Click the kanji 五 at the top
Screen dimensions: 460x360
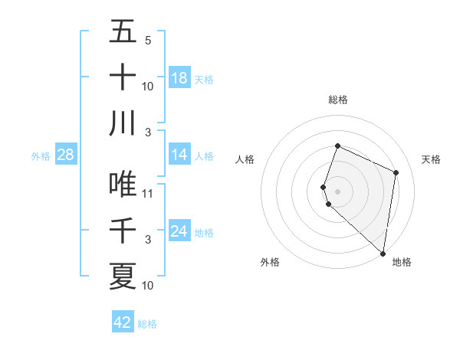[x=123, y=32]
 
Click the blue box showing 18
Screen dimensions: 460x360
[x=179, y=78]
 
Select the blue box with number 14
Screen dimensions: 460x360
[x=179, y=155]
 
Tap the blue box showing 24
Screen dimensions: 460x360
[x=179, y=231]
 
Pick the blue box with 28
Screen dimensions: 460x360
[x=66, y=155]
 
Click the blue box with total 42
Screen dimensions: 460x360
[x=123, y=322]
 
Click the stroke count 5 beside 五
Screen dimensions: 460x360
[x=148, y=41]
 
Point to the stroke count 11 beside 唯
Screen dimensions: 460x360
[x=148, y=194]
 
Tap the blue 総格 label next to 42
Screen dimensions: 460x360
[x=147, y=324]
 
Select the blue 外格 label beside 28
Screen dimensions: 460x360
[x=41, y=156]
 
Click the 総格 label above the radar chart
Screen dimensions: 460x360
[x=337, y=100]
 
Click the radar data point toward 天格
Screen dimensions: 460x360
[x=396, y=172]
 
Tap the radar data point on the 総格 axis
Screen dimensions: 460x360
[x=337, y=146]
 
